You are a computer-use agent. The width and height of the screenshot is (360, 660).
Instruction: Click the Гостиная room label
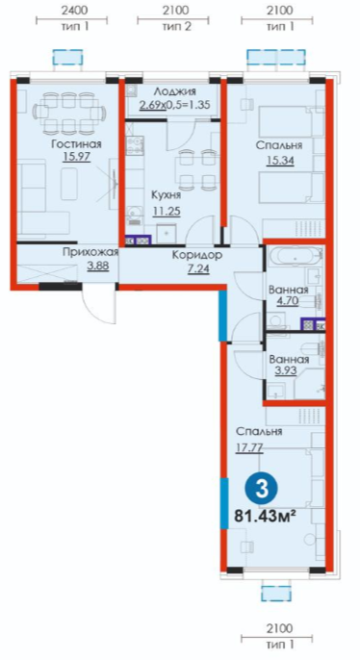(x=77, y=144)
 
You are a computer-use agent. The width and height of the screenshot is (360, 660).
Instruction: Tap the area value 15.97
(x=77, y=158)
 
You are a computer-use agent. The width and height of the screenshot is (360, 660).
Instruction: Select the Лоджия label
(x=175, y=91)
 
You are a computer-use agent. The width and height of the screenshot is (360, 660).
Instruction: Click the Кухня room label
(x=167, y=195)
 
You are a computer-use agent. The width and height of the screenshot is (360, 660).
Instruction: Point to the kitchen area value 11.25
(x=167, y=211)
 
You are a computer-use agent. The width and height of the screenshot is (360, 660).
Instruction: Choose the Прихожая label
(x=90, y=252)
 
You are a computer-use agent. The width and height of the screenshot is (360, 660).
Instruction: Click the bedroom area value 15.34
(x=279, y=161)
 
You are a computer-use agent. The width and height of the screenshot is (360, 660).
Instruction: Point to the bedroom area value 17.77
(x=249, y=447)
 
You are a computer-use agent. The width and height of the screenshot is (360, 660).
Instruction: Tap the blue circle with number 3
(x=262, y=490)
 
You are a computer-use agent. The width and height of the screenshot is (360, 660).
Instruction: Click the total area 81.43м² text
(x=263, y=516)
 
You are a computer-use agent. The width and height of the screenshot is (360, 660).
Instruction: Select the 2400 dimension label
(x=71, y=10)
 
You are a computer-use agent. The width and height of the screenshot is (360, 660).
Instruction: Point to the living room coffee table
(x=68, y=183)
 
